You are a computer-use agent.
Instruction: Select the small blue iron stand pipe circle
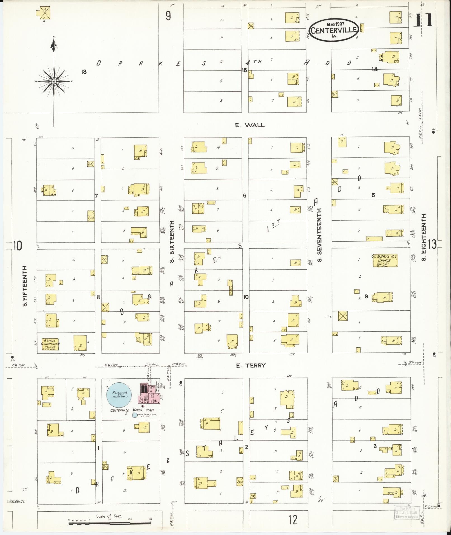pos(135,415)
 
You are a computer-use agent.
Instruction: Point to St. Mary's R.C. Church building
pos(385,260)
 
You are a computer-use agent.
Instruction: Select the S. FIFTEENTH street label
pos(25,286)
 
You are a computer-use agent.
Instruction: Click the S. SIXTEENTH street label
pos(172,241)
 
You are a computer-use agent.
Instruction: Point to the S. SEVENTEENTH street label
pos(320,235)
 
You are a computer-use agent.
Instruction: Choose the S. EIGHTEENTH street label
pos(424,237)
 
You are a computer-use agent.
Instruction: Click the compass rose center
pos(54,81)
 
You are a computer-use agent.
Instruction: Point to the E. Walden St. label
pos(16,501)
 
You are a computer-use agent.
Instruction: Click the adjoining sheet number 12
pos(293,519)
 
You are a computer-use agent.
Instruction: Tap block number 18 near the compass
pos(84,72)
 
